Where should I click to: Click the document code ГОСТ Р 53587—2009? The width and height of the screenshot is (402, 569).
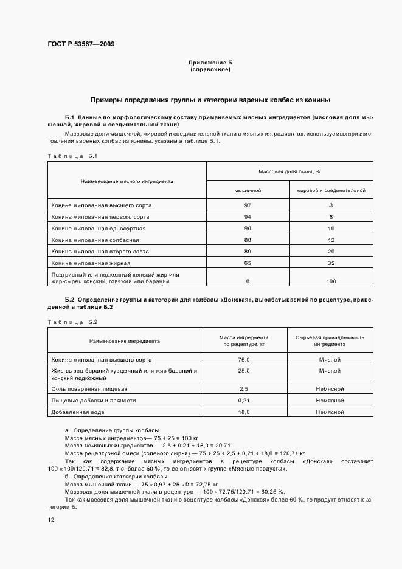pos(80,44)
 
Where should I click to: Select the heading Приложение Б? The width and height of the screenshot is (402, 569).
pos(210,63)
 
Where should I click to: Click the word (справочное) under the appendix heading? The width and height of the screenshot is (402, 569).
pos(210,69)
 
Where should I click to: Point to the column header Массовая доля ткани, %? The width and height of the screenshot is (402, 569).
pos(289,172)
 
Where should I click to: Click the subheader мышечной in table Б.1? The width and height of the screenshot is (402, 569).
pos(248,190)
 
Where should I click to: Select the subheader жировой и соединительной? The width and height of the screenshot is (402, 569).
pos(331,190)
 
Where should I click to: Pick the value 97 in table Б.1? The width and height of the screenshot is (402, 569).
pos(248,205)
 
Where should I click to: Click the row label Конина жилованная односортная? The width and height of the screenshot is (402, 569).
pos(99,228)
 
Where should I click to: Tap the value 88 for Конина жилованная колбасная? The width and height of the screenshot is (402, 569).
pos(248,240)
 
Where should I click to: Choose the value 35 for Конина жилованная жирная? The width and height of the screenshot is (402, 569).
pos(331,263)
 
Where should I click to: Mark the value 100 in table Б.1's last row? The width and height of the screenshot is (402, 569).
pos(331,281)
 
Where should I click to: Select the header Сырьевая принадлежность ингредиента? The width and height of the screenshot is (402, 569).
pos(330,340)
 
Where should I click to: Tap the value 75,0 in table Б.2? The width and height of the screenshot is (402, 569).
pos(244,359)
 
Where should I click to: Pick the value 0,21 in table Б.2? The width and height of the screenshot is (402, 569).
pos(244,401)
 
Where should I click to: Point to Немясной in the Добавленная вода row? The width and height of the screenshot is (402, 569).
pos(330,412)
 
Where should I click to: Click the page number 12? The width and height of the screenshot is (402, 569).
pos(51,520)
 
